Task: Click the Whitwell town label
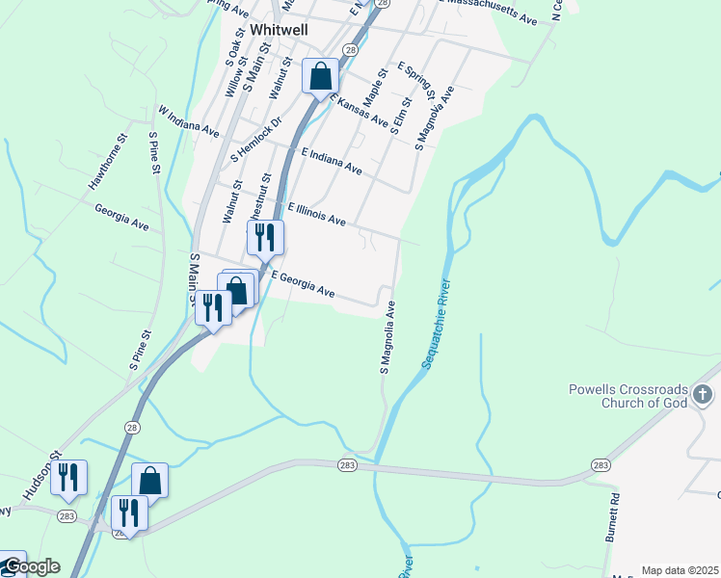click(279, 30)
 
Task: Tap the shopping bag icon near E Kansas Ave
click(320, 75)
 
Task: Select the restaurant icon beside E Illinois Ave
click(265, 236)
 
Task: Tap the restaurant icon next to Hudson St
click(69, 478)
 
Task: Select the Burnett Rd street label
click(612, 520)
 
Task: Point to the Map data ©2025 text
click(680, 570)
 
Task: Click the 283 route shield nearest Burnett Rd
click(601, 465)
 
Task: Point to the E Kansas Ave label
click(359, 109)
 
